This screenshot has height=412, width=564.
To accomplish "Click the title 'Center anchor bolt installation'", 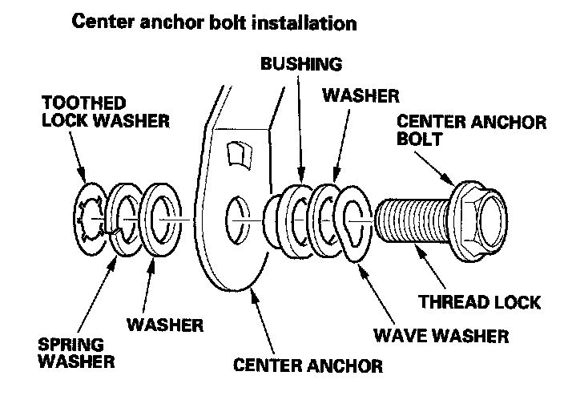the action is click(x=215, y=22).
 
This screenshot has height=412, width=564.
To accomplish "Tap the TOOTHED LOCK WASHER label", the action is click(x=106, y=111).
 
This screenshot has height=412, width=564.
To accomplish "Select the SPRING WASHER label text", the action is click(x=76, y=353).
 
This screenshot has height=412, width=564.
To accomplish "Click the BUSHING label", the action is click(x=301, y=63).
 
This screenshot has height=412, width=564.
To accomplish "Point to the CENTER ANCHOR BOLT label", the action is click(x=472, y=131).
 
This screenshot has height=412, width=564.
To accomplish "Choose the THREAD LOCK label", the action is click(x=479, y=302).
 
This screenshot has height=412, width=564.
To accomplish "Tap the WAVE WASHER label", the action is click(x=441, y=336).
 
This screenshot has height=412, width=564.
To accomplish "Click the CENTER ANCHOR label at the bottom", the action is click(x=308, y=366).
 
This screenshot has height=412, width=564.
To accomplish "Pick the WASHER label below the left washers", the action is click(x=165, y=325).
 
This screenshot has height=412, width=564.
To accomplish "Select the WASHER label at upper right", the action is click(x=361, y=95).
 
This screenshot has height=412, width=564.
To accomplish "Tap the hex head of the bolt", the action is click(x=482, y=221).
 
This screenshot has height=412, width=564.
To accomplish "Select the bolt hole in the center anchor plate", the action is click(x=237, y=220).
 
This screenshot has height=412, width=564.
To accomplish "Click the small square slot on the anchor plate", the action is click(x=240, y=155).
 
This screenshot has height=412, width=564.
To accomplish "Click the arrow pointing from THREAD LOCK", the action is click(x=429, y=267).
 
